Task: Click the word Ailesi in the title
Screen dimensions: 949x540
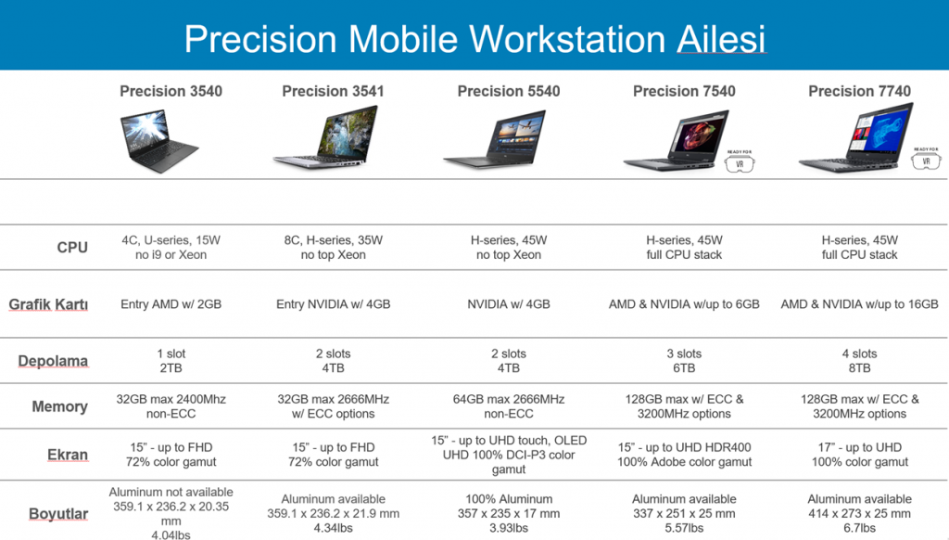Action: point(721,39)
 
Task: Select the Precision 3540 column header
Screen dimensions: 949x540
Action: point(171,92)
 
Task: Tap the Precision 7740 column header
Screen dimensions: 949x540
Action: point(859,92)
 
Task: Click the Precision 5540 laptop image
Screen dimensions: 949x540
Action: point(495,138)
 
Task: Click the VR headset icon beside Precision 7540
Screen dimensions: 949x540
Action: point(740,161)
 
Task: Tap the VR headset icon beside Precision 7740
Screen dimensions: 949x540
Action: point(926,159)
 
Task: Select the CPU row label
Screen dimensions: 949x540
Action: point(72,248)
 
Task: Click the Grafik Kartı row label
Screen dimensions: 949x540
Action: point(48,304)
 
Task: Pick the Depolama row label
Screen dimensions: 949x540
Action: point(53,361)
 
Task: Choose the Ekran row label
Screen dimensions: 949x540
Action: point(68,455)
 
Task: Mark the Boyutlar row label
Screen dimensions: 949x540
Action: point(58,514)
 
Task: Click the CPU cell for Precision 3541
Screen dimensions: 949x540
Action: point(334,248)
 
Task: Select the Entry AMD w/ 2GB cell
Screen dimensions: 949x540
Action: point(171,304)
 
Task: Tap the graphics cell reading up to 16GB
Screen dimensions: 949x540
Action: point(859,304)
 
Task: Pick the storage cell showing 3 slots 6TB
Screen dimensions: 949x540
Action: point(684,361)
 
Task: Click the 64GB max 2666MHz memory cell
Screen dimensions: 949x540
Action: point(509,406)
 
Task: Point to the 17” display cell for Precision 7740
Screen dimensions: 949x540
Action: point(859,455)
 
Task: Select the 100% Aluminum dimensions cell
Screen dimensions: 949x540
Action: point(509,513)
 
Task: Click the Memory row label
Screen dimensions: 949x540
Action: point(60,406)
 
